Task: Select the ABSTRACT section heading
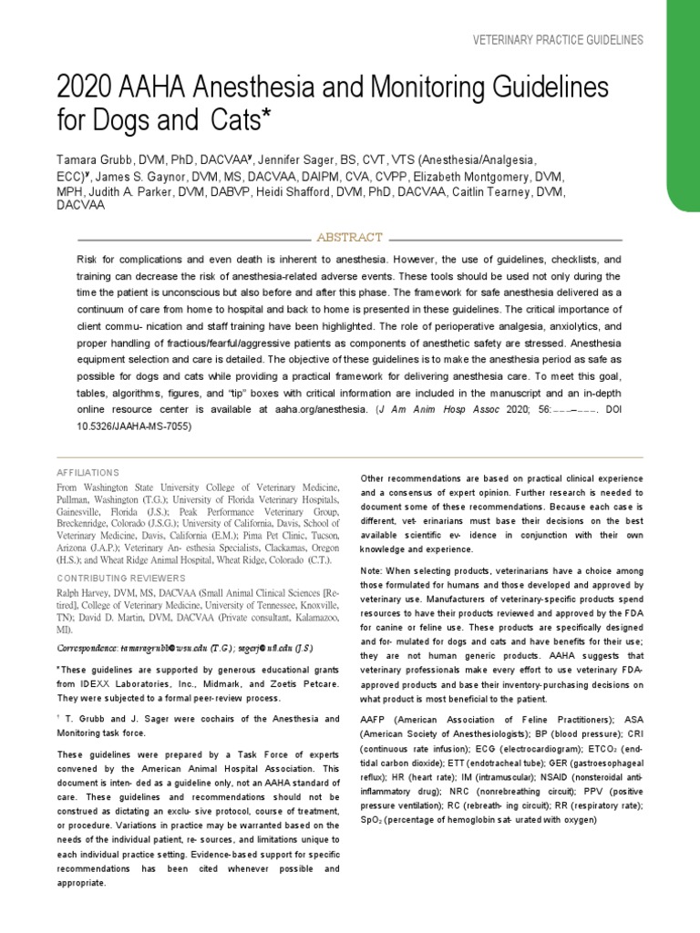pos(349,237)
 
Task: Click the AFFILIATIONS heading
pos(88,473)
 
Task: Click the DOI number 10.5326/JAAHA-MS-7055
pos(134,425)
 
